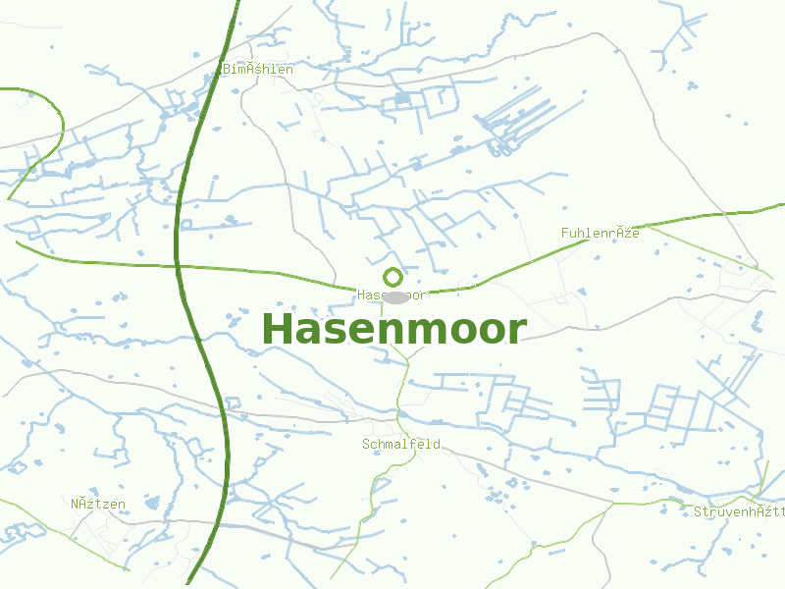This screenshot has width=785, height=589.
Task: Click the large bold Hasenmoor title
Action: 393,329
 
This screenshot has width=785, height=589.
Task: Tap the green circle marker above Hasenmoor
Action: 393,278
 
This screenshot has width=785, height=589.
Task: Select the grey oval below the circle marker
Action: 395,296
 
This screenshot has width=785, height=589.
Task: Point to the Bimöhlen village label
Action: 257,70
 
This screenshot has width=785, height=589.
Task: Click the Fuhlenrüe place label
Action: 600,234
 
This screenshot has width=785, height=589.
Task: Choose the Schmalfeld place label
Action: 400,445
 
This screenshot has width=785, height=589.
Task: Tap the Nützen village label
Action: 98,505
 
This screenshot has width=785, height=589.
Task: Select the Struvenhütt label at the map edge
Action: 739,512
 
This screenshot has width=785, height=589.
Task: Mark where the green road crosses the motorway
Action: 178,265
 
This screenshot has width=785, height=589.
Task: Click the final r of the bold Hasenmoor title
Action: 517,332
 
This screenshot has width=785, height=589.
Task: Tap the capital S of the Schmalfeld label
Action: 366,445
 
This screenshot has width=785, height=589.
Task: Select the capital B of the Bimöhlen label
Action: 227,70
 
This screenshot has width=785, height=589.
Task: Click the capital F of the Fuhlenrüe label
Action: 565,234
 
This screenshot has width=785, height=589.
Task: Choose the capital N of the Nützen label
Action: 75,505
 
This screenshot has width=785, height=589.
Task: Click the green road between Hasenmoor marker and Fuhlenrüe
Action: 510,272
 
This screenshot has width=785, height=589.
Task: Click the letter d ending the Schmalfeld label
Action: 437,445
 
